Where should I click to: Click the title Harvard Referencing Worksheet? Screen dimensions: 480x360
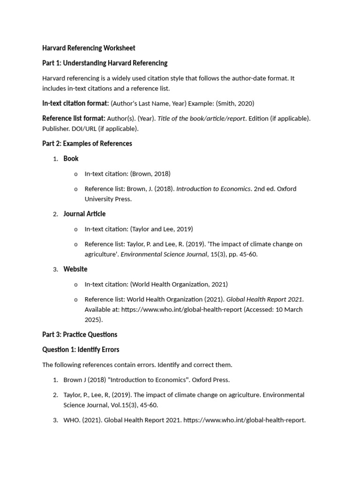coord(89,48)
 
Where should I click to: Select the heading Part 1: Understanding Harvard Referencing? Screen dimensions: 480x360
coord(105,63)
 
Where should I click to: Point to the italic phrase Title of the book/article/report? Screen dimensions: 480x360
coord(201,118)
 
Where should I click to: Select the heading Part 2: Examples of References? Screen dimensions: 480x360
coord(87,143)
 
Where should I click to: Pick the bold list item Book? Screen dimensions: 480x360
coord(71,158)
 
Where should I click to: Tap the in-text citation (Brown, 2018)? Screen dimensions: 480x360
coord(150,173)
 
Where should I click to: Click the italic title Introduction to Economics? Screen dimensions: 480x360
coord(213,188)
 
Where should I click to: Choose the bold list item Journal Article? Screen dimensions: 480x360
coord(84,214)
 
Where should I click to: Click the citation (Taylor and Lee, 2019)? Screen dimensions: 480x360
coord(162,229)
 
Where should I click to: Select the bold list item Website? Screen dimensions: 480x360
coord(75,269)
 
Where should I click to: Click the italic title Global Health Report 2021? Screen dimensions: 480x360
coord(265,299)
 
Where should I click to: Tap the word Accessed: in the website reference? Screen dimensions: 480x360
coord(259,309)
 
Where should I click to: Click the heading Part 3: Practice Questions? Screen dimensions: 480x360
coord(80,335)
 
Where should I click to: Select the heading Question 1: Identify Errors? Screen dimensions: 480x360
coord(81,350)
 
